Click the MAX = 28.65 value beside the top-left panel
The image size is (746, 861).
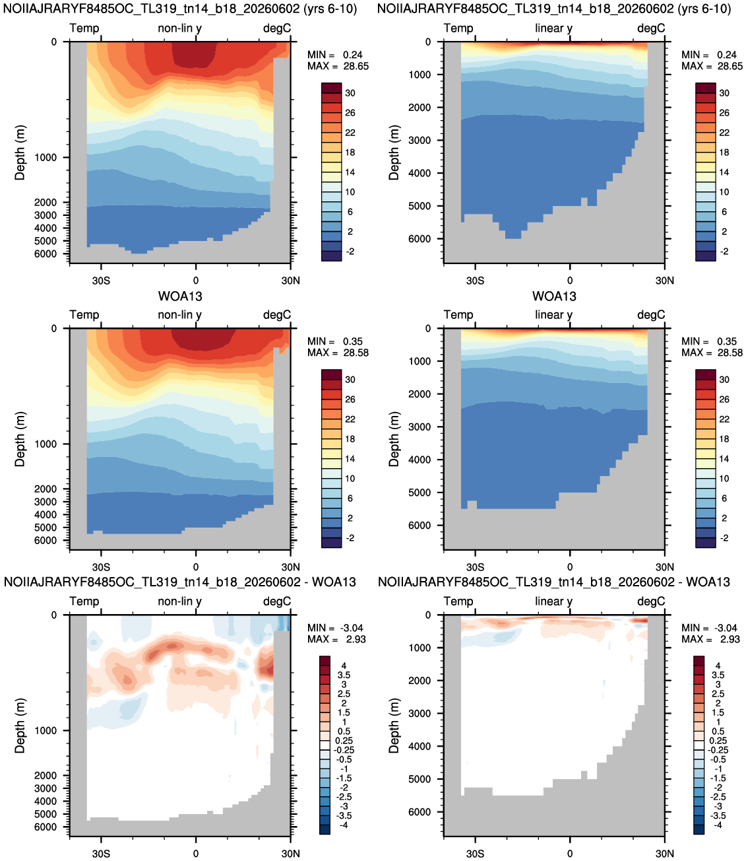338,66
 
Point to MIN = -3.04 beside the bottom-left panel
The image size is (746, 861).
335,628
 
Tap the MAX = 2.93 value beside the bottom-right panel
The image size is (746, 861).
710,639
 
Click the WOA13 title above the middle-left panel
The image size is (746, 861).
180,296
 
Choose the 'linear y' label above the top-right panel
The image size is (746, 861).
553,28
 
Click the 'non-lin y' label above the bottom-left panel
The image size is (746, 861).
179,602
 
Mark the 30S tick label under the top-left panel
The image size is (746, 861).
101,281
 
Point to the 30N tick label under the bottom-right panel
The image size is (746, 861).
664,854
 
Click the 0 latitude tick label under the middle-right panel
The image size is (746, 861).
570,567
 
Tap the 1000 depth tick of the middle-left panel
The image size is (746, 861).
46,444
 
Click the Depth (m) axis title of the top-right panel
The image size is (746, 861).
394,153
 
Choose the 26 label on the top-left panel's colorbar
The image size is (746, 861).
350,113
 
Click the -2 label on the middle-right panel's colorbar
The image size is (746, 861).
724,538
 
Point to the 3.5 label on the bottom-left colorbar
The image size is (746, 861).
344,675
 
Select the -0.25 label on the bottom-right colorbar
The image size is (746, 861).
718,750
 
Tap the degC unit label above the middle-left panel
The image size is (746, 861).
277,315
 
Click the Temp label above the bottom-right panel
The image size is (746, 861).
458,602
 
